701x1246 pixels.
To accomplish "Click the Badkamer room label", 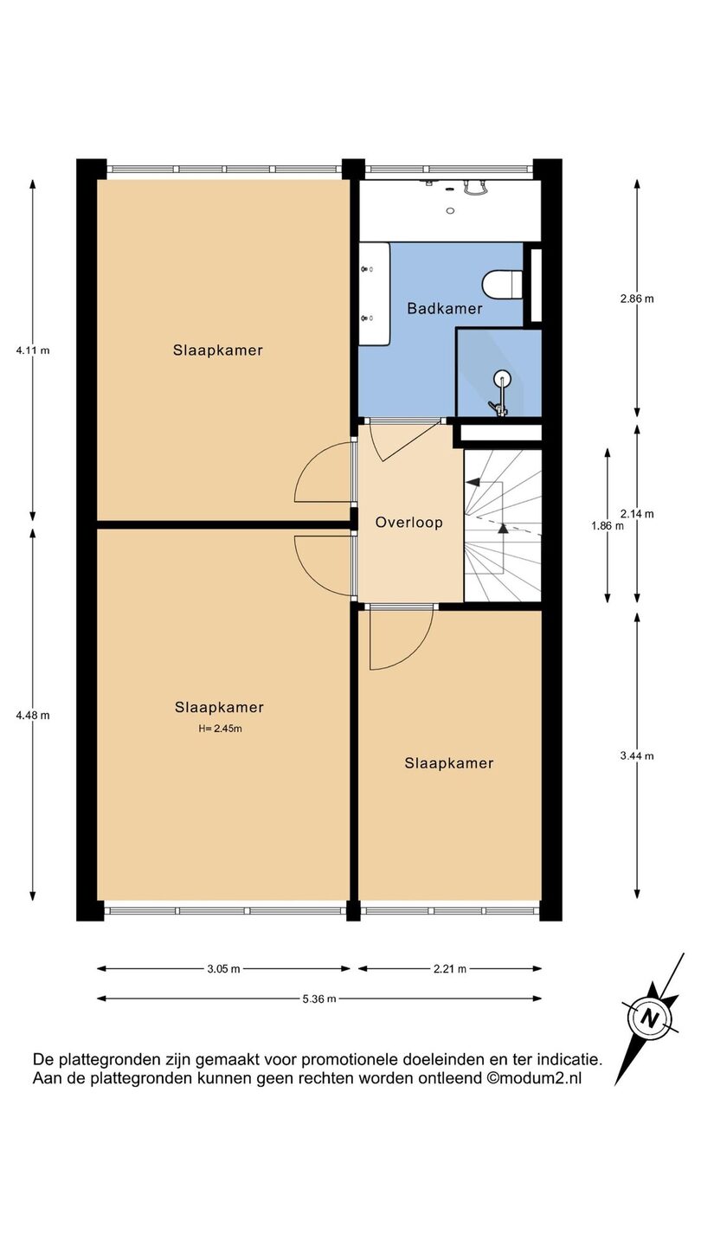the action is pyautogui.click(x=445, y=308).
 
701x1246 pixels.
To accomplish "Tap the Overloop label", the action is pyautogui.click(x=408, y=523).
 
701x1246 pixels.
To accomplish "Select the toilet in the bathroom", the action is pyautogui.click(x=502, y=284).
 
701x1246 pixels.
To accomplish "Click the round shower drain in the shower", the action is pyautogui.click(x=501, y=379).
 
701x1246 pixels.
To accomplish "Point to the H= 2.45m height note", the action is pyautogui.click(x=221, y=729).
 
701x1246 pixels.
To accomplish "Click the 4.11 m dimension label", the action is pyautogui.click(x=33, y=350).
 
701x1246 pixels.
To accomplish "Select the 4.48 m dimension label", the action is pyautogui.click(x=33, y=716).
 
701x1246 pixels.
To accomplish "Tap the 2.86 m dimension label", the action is pyautogui.click(x=637, y=299).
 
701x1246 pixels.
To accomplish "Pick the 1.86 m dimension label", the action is pyautogui.click(x=607, y=525).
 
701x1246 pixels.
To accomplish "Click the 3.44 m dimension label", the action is pyautogui.click(x=637, y=756).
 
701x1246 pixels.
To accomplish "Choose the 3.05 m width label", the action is pyautogui.click(x=223, y=969).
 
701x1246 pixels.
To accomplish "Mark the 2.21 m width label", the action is pyautogui.click(x=450, y=969).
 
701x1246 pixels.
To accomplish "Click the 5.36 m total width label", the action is pyautogui.click(x=319, y=999).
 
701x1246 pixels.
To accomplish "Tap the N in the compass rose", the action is pyautogui.click(x=648, y=1018).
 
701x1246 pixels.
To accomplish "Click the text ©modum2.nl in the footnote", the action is pyautogui.click(x=534, y=1078).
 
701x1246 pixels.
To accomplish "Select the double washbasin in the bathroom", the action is pyautogui.click(x=374, y=293).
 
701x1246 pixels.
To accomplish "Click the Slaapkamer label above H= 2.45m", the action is pyautogui.click(x=219, y=707).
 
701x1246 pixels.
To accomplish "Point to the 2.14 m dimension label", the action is pyautogui.click(x=637, y=514).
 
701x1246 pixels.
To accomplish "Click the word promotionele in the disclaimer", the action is pyautogui.click(x=350, y=1058).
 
